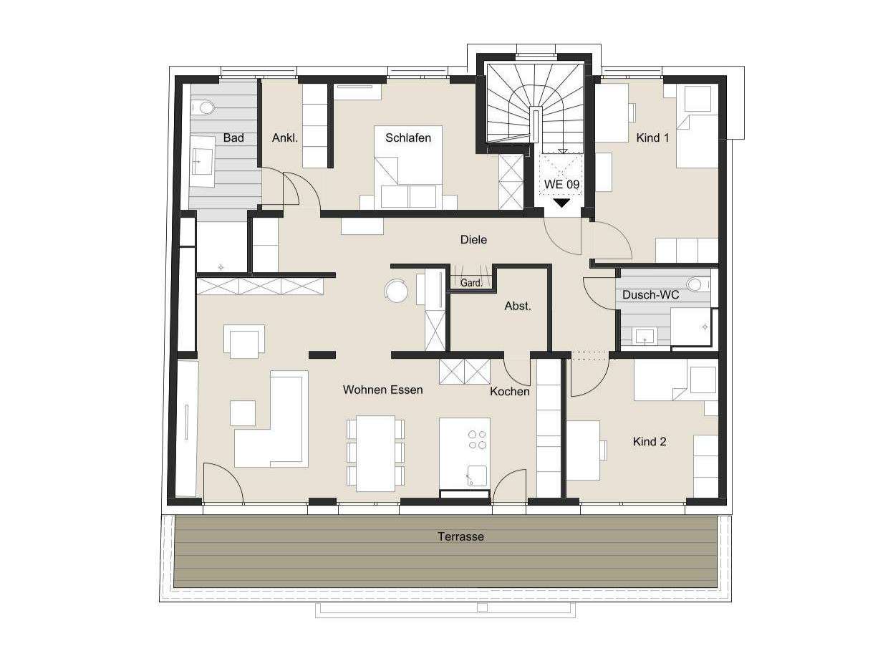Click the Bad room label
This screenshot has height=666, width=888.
pos(233,137)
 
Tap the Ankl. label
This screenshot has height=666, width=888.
pos(284,137)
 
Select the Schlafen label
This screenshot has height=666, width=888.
pos(408,137)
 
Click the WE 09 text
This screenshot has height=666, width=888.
pos(561,184)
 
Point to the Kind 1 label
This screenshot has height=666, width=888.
pos(652,137)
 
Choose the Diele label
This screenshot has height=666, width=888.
pos(473,240)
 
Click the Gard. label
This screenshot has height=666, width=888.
pos(470,283)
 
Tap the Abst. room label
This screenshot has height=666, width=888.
pos(518,306)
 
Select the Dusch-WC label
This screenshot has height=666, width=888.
pos(650,294)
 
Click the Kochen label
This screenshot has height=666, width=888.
pos(510,391)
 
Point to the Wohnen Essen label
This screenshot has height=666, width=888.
pos(382,390)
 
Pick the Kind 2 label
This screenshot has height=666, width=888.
pos(650,442)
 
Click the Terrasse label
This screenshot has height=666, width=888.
pos(460,536)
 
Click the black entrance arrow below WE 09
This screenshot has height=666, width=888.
pos(562,203)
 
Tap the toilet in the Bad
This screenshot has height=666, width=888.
pos(204,107)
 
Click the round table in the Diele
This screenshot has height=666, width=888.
pos(395,290)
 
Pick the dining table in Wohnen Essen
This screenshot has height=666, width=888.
pos(375,453)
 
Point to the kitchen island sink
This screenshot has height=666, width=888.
pos(476,475)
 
